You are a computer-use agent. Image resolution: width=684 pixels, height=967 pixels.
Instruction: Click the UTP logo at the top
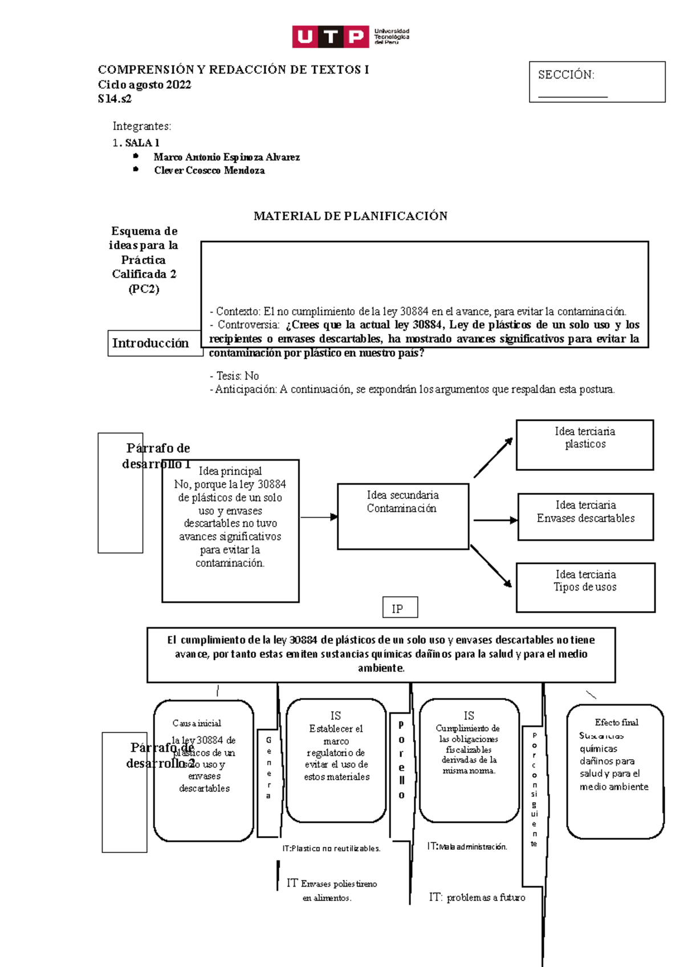click(350, 36)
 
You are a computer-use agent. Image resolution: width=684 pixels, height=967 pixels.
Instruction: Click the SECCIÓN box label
click(566, 75)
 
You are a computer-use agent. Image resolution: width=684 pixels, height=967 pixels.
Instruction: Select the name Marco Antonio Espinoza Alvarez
click(226, 157)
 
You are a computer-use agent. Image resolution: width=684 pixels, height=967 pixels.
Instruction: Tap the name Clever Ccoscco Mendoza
click(209, 170)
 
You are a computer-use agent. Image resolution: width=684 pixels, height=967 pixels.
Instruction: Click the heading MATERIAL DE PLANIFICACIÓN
click(350, 216)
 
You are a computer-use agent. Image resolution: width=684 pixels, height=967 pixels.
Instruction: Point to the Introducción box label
click(150, 343)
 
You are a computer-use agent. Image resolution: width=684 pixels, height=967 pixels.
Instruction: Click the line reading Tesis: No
click(234, 376)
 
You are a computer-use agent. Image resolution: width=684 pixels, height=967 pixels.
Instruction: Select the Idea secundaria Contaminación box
click(402, 515)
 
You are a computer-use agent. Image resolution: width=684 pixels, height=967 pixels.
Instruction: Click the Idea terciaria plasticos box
click(584, 445)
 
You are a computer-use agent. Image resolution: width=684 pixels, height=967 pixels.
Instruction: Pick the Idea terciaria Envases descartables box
click(585, 516)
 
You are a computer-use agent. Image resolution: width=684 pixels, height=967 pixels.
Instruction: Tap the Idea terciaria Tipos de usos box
click(585, 587)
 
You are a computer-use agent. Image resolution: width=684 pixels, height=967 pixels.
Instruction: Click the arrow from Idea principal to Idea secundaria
click(319, 517)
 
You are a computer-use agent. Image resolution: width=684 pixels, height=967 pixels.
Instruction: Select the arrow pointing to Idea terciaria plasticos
click(493, 457)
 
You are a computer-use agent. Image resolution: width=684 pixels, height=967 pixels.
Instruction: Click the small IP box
click(400, 608)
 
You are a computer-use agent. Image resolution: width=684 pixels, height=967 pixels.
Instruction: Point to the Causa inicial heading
click(197, 723)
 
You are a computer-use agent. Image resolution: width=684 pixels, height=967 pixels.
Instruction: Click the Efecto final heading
click(616, 722)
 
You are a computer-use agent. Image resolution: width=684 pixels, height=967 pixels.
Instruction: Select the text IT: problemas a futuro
click(477, 898)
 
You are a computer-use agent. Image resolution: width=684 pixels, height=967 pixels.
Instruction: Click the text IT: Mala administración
click(467, 847)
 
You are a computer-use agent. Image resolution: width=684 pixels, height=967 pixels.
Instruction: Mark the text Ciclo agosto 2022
click(144, 85)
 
